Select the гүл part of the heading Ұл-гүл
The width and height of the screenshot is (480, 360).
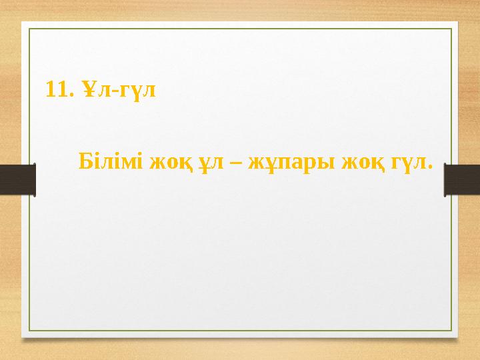coord(135,90)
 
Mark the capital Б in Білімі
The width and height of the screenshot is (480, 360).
coord(85,161)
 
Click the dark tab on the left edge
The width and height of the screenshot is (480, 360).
coord(17,180)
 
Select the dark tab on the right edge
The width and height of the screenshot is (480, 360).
coord(462,180)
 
